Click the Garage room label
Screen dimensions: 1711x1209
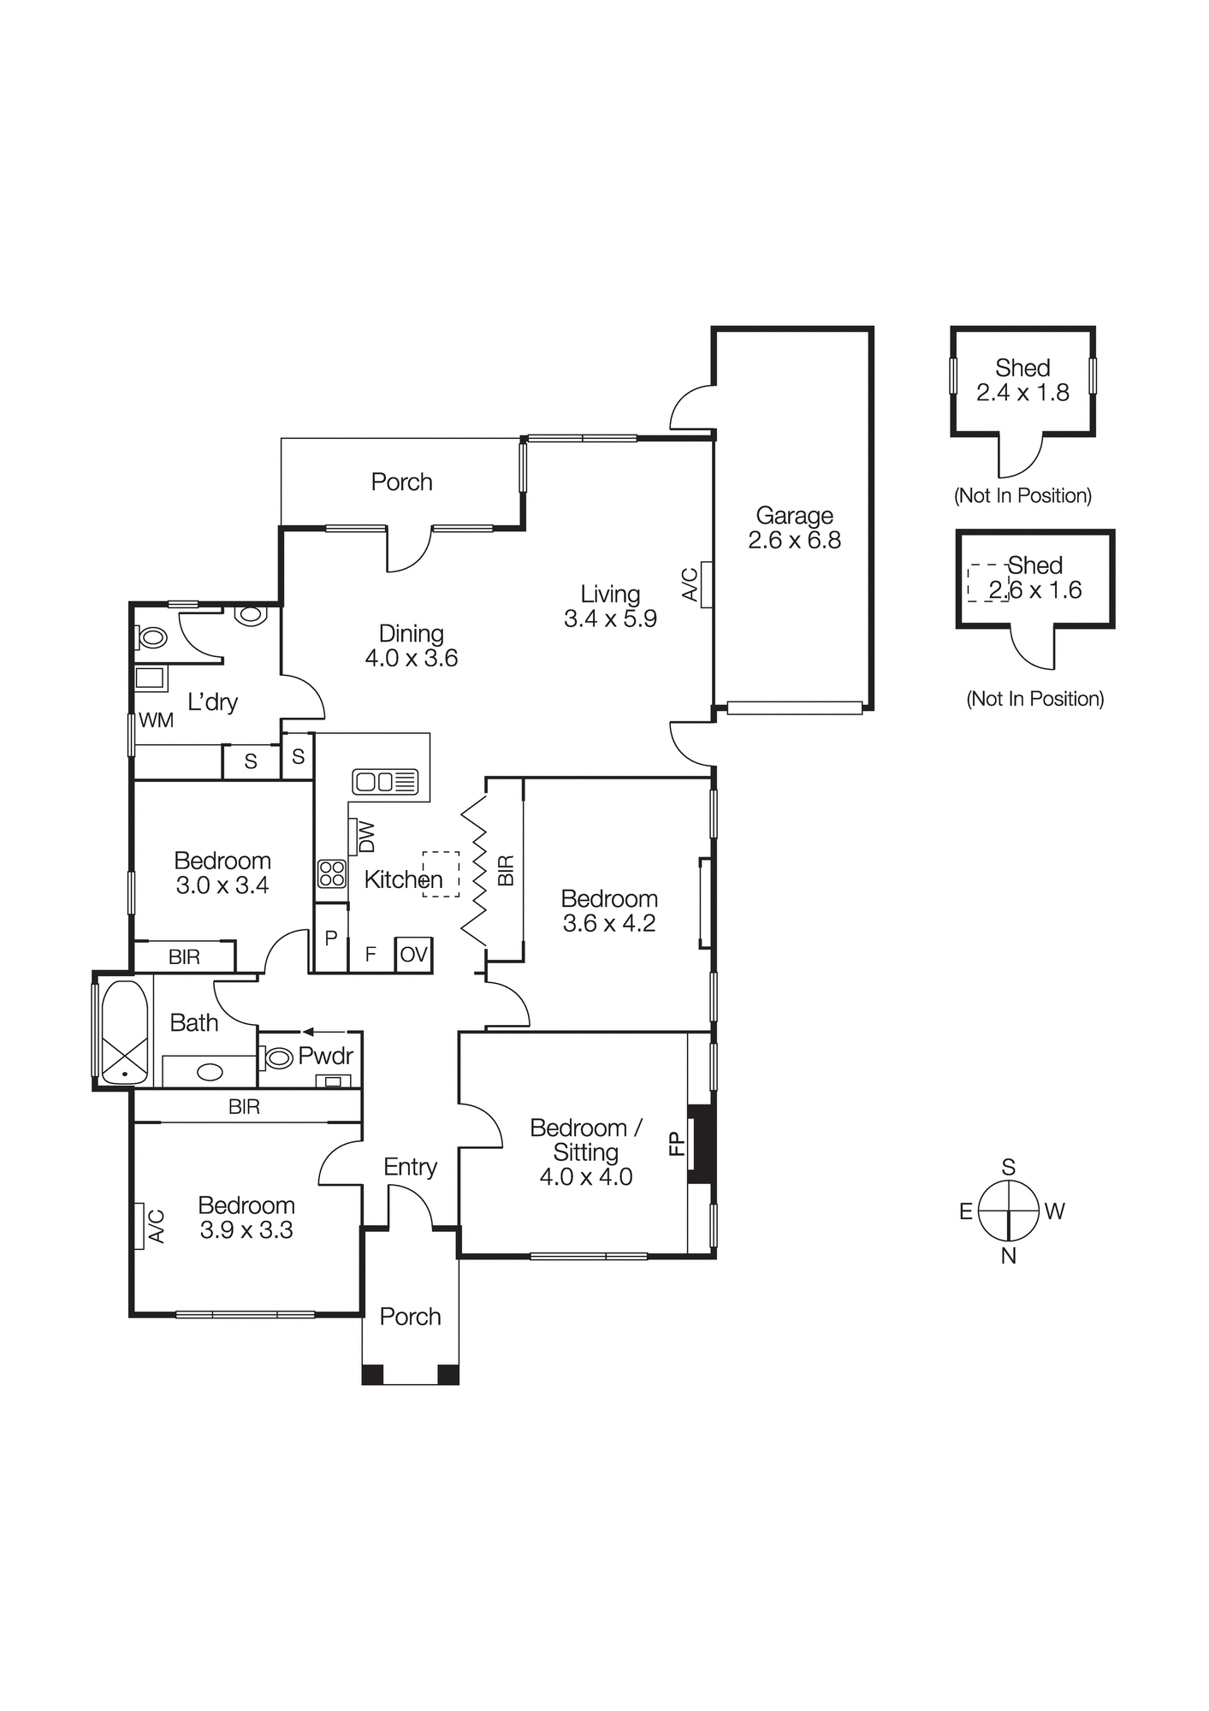794,516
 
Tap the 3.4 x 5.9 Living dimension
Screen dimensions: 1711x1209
610,619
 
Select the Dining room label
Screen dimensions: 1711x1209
411,634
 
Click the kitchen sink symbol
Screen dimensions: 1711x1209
385,781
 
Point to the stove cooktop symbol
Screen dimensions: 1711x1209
331,873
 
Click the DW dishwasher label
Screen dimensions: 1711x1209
366,837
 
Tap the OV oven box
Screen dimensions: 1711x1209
413,955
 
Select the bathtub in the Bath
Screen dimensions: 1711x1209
124,1032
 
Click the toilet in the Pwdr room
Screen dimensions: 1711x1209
277,1058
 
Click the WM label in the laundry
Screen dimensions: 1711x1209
156,720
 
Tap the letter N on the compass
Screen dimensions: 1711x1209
1009,1256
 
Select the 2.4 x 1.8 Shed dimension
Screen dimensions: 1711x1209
1022,393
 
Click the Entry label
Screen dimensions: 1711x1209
410,1167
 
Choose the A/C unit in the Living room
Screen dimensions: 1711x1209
706,584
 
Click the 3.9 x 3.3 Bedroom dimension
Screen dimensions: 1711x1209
246,1230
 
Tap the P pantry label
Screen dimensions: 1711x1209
331,938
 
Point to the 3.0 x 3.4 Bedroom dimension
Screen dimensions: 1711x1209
222,885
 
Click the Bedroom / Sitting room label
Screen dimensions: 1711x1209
586,1140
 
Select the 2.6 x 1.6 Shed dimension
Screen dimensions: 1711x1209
1035,590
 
